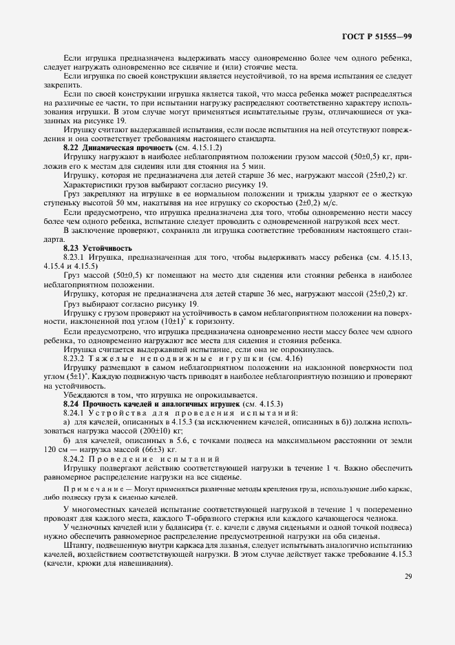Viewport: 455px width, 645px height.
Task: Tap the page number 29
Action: click(408, 577)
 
